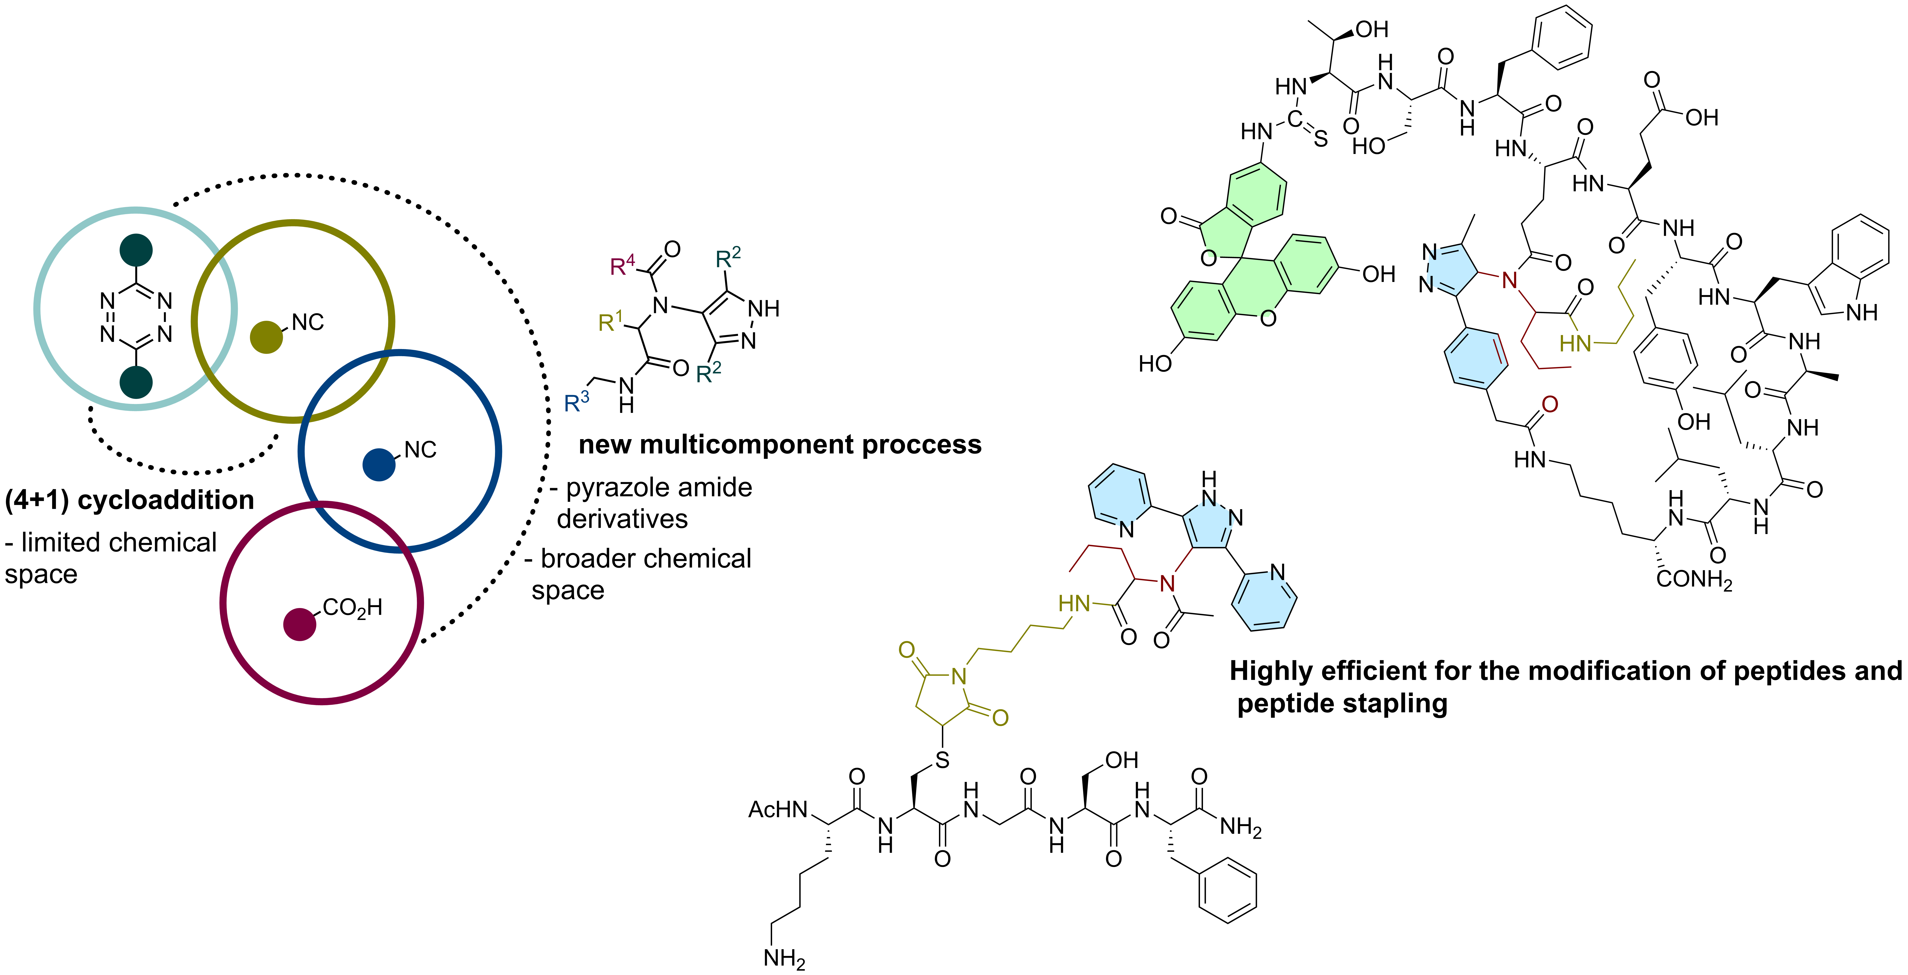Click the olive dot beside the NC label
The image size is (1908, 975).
tap(267, 337)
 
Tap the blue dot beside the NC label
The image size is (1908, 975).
tap(379, 465)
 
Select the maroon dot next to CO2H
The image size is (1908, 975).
tap(300, 624)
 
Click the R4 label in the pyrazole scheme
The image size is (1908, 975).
tap(622, 265)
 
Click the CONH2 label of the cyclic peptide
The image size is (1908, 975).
tap(1694, 579)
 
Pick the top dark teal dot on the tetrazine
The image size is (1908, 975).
tap(136, 250)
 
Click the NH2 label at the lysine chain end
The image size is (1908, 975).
tap(784, 958)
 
